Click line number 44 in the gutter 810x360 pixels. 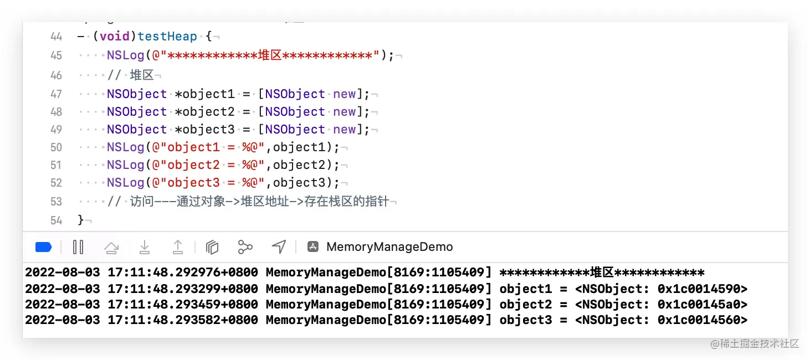tap(56, 37)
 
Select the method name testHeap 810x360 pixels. tap(167, 37)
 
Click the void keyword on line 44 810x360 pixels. tap(114, 37)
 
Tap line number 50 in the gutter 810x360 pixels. tap(56, 147)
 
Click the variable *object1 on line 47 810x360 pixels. tap(204, 94)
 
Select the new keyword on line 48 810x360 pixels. tap(345, 112)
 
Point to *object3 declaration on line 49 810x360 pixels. tap(204, 130)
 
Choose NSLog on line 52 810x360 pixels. tap(126, 183)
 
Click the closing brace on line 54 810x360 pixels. tap(81, 220)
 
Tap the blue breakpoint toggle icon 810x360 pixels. tap(43, 247)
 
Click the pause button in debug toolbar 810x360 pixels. tap(78, 247)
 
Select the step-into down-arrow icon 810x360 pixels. tap(145, 247)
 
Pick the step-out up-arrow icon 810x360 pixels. tap(178, 247)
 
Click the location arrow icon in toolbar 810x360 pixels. tap(279, 247)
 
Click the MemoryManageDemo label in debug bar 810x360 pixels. tap(389, 247)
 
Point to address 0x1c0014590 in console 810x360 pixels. tap(702, 289)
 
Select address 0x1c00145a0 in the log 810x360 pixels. tap(702, 305)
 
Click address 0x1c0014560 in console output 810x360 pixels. tap(702, 320)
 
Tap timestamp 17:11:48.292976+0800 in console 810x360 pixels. tap(183, 273)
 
